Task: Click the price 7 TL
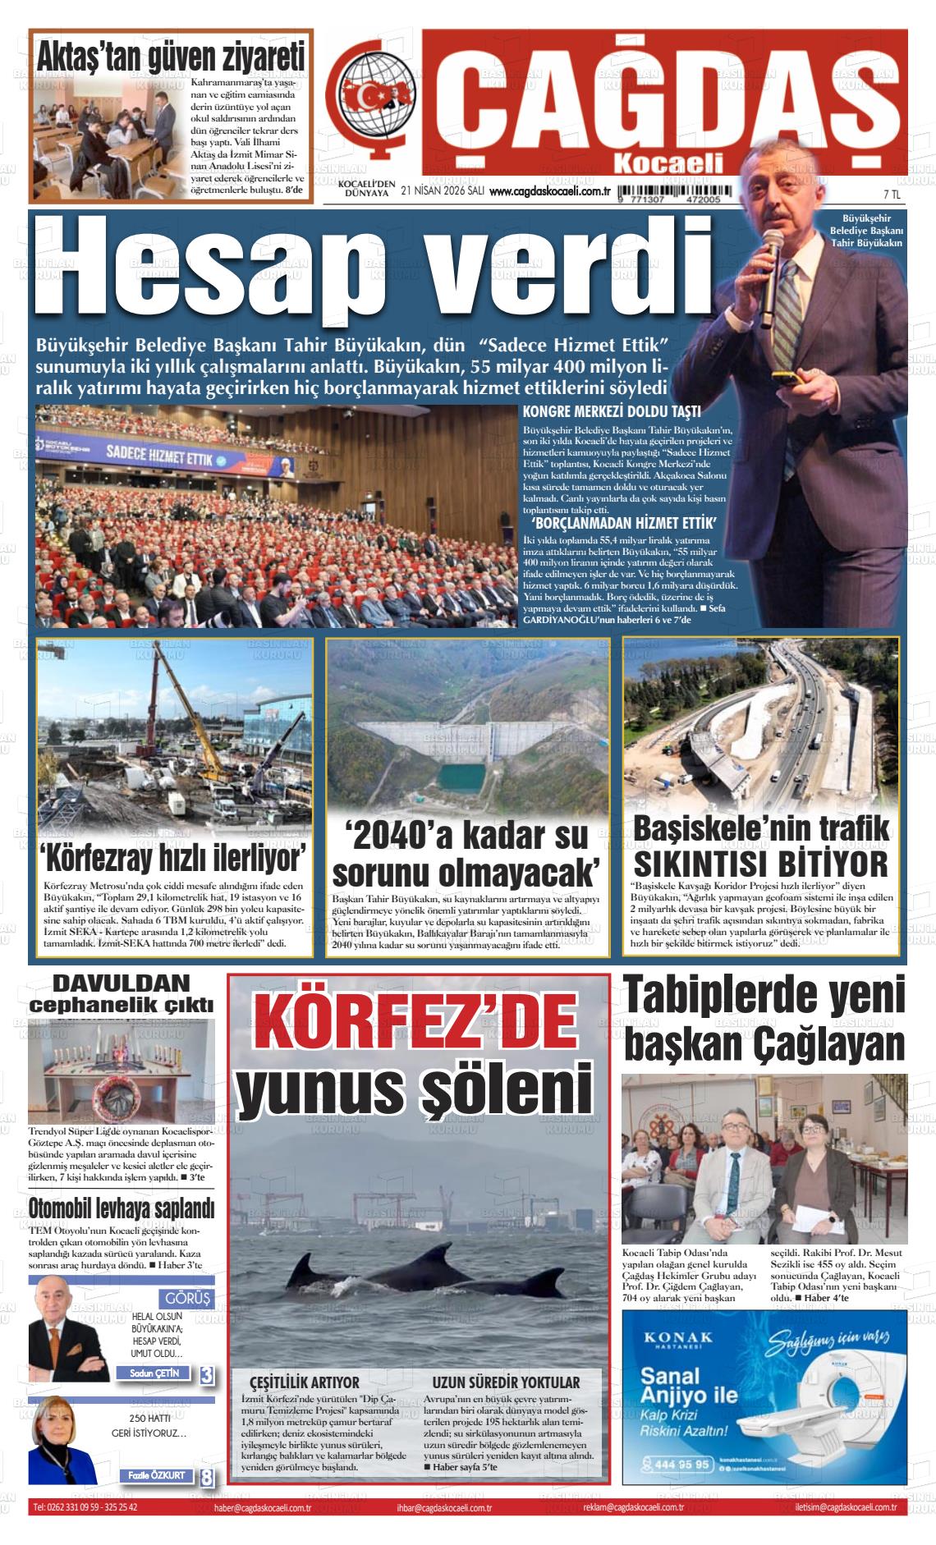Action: coord(892,195)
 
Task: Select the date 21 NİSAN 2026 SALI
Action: coord(443,191)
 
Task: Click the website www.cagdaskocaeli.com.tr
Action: coord(548,191)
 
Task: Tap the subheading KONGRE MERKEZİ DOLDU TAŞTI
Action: coord(612,412)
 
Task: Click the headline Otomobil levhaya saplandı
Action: coord(121,1208)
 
